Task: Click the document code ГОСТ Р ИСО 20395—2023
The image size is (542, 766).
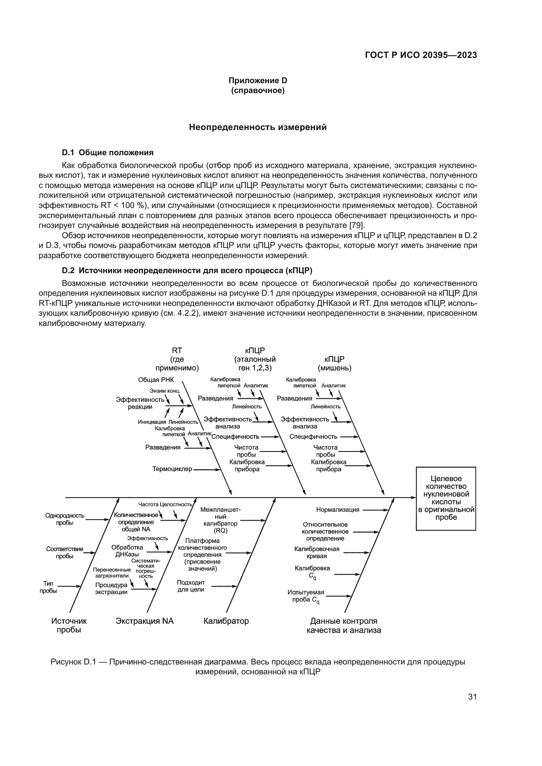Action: pos(421,55)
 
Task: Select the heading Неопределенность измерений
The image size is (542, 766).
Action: pos(258,127)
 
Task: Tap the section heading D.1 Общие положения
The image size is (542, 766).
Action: pos(108,153)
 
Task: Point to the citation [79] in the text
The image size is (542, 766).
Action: pos(357,225)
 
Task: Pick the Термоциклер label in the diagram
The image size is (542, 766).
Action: pos(172,469)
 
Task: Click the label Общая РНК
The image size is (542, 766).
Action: pos(156,380)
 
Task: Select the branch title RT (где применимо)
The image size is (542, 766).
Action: pos(177,359)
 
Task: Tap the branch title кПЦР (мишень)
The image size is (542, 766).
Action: pos(335,364)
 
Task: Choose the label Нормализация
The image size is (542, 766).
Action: pos(338,510)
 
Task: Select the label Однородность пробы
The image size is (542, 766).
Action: pos(65,519)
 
